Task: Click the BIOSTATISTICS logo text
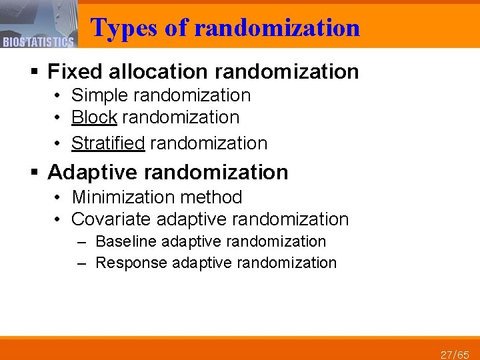tap(38, 43)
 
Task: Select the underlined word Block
tap(94, 117)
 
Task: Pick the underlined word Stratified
tap(108, 143)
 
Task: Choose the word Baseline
tap(126, 241)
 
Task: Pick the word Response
tap(131, 263)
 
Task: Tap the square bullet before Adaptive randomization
tap(35, 173)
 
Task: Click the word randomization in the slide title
tap(277, 28)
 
